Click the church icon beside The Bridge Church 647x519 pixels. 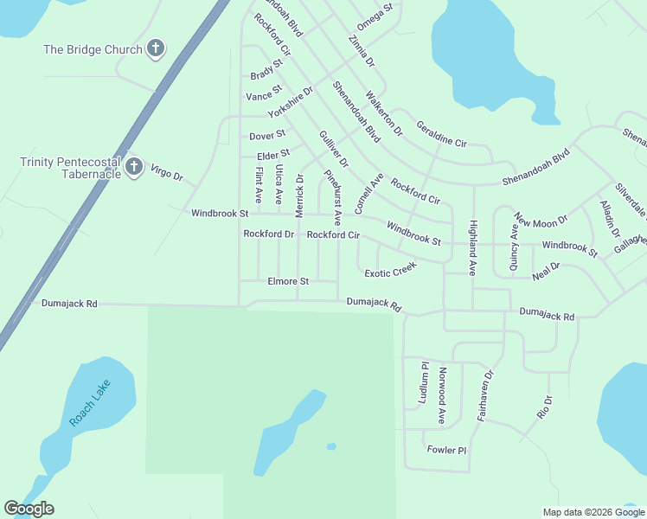155,48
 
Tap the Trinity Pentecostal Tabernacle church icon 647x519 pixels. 133,166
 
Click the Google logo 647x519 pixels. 29,509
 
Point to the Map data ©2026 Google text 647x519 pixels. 593,512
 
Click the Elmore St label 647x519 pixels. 288,281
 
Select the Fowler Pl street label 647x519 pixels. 446,450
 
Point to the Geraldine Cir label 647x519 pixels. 441,132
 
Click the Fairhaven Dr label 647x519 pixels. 485,396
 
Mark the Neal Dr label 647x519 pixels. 546,272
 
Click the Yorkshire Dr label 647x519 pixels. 290,102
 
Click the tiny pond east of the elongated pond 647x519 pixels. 331,446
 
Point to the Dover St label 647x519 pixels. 266,136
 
